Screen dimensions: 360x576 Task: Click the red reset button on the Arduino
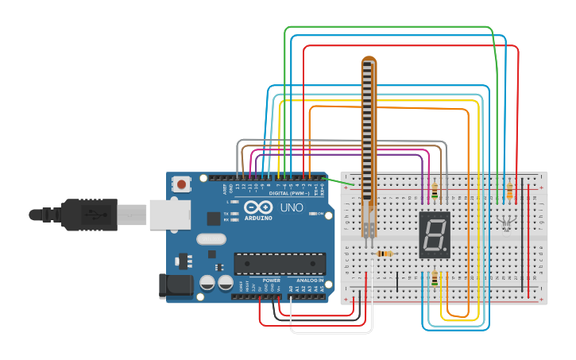pos(182,184)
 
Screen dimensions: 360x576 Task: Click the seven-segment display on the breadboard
pos(435,234)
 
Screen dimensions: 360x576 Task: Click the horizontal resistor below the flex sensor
pos(383,254)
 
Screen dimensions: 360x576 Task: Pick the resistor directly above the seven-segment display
pos(435,190)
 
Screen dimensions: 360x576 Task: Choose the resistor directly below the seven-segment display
pos(435,277)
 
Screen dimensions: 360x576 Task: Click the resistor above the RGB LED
pos(508,192)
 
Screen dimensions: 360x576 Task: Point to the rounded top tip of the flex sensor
pos(369,60)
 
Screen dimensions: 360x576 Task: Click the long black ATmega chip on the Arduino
pos(280,263)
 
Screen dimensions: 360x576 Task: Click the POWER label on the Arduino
pos(272,281)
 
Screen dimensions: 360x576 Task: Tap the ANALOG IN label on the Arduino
pos(311,281)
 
